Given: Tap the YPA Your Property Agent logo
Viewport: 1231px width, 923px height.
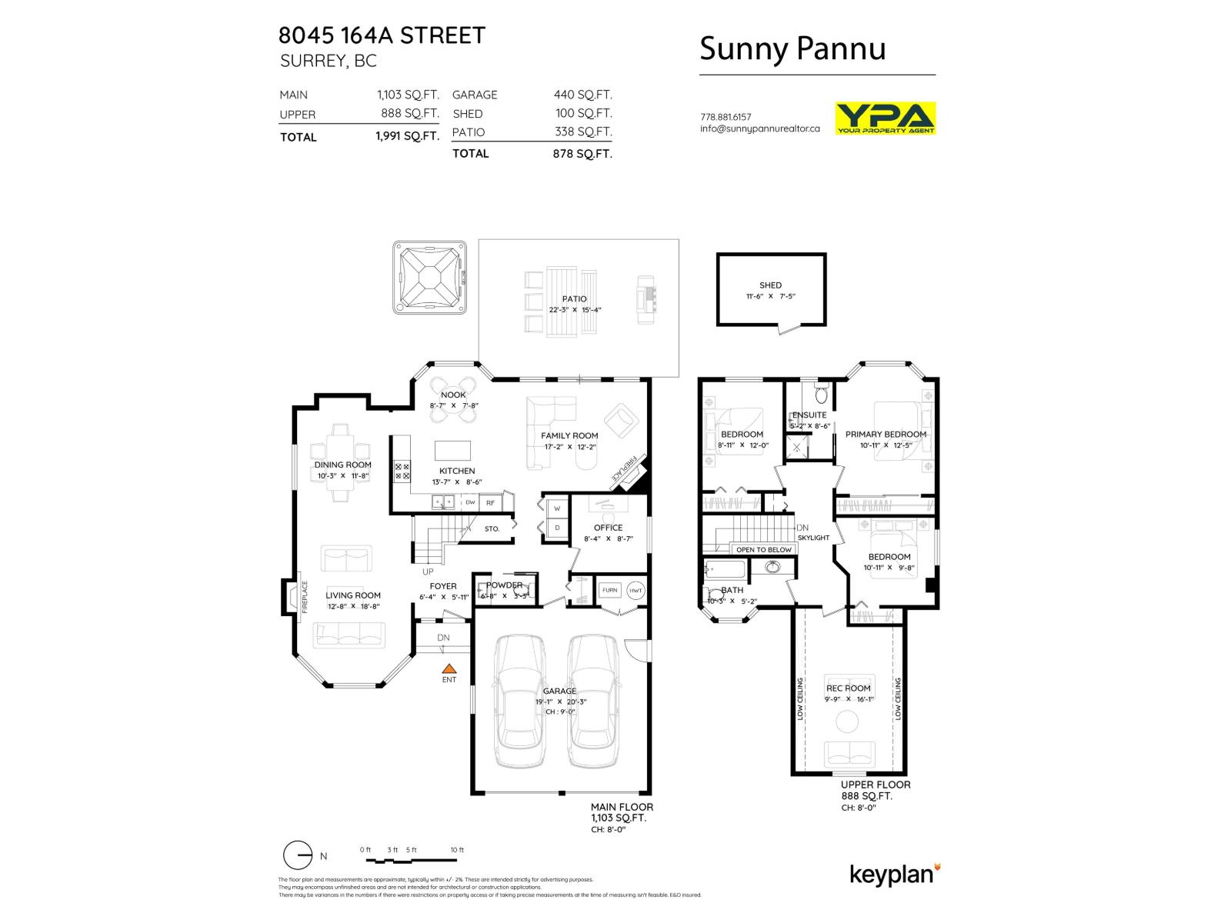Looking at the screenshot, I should (885, 118).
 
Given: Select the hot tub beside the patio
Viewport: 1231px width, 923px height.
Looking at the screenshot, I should (430, 278).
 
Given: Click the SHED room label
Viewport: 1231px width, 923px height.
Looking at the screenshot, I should (770, 285).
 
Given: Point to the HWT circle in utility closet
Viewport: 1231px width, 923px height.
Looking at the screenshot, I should (636, 591).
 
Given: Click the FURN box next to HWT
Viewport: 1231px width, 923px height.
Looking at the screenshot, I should (609, 591).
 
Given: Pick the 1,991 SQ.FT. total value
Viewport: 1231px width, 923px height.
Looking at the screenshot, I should (407, 136).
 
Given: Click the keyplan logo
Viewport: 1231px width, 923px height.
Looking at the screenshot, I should (894, 875).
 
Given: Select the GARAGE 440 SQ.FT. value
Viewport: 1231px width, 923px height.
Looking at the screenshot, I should (582, 95).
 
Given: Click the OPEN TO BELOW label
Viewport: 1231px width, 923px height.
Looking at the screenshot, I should (763, 549).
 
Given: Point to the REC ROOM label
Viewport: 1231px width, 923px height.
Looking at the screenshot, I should (848, 688).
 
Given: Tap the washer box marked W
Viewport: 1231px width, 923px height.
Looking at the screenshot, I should (557, 508).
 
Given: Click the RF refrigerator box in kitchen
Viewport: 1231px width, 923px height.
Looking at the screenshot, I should (490, 503).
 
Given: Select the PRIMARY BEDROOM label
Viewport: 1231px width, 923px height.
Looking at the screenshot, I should (886, 434).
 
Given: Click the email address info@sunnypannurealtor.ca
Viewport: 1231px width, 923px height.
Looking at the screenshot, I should (759, 128).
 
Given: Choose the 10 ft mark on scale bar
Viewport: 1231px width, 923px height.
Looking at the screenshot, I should (457, 850).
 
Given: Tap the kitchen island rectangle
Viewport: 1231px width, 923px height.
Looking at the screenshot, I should (453, 450).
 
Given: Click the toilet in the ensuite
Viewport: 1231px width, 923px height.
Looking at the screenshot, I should (821, 395).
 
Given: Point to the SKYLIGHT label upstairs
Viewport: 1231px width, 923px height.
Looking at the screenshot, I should (813, 538).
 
